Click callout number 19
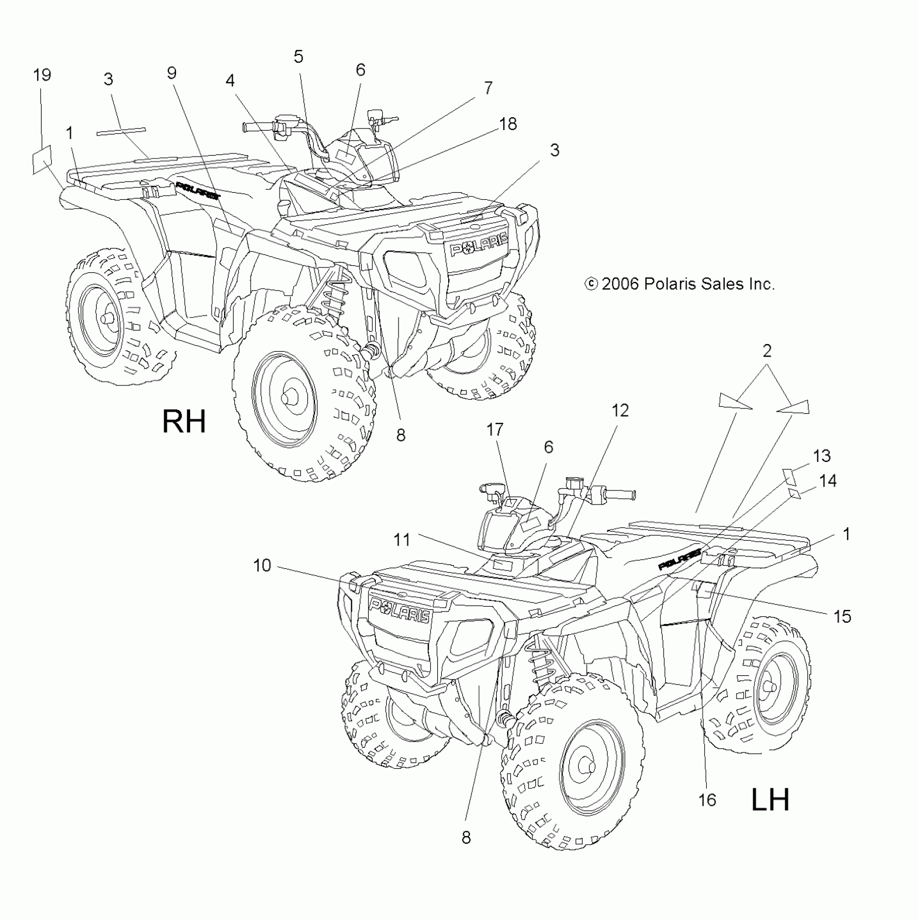tap(42, 75)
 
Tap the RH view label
tap(184, 421)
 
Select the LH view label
tap(771, 800)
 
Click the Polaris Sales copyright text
tap(680, 284)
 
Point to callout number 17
tap(495, 429)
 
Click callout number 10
tap(262, 566)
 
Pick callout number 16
tap(707, 800)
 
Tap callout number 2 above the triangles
tap(767, 351)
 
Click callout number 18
tap(508, 124)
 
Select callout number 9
tap(172, 73)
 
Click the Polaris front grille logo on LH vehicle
tap(400, 609)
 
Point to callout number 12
tap(620, 411)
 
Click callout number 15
tap(842, 616)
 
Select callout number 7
tap(488, 88)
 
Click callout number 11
tap(402, 539)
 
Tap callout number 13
tap(821, 455)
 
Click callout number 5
tap(298, 56)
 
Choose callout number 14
tap(827, 480)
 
